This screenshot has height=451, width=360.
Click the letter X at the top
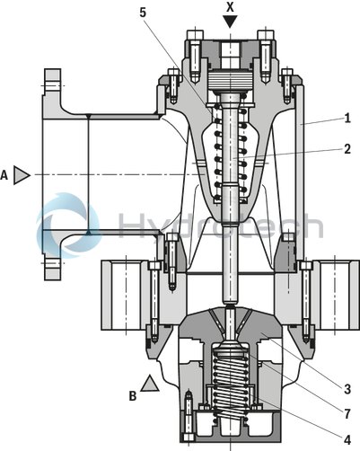232,5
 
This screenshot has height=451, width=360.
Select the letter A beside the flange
5,176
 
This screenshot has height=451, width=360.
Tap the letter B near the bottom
132,394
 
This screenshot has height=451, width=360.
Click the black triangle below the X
232,22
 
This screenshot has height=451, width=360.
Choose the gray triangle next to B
150,384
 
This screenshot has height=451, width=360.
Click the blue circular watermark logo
67,225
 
